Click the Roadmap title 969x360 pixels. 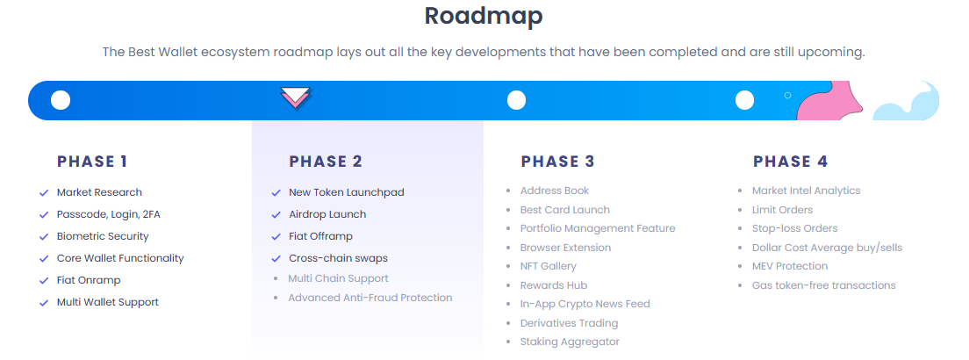click(484, 15)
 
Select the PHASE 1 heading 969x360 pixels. click(92, 162)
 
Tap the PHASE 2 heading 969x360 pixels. click(325, 162)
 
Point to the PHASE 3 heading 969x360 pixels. click(557, 162)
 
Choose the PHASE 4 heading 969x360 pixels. click(790, 162)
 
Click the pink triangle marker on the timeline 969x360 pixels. click(296, 98)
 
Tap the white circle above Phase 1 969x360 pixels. click(61, 100)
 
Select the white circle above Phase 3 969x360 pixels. click(516, 100)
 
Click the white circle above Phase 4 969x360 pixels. click(744, 100)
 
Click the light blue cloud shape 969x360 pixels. click(908, 104)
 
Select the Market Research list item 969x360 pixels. click(99, 192)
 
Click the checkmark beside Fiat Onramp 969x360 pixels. click(43, 281)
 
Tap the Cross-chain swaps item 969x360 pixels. click(338, 258)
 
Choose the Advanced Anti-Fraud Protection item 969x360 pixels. click(370, 298)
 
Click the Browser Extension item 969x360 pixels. click(565, 248)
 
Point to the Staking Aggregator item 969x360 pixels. click(570, 342)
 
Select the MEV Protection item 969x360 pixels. click(789, 266)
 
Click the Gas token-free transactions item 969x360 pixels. click(823, 285)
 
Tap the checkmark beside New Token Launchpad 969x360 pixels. click(276, 192)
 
